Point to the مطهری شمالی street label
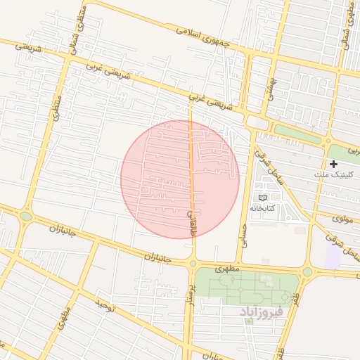coord(346,27)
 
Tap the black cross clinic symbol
coord(333,164)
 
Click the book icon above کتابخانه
coord(263,198)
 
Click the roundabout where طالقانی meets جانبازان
coord(193,264)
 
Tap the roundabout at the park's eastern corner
coord(307,271)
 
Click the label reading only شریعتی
coord(29,49)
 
